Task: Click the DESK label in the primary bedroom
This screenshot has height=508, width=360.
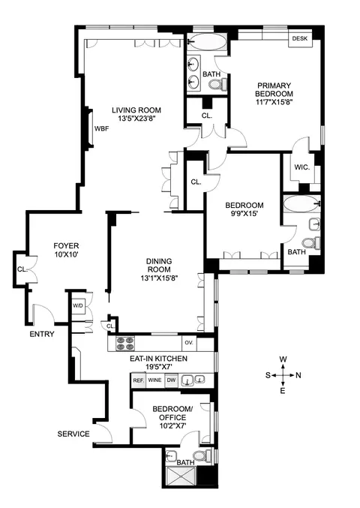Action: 300,38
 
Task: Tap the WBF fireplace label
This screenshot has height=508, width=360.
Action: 101,128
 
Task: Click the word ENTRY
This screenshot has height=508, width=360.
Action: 42,334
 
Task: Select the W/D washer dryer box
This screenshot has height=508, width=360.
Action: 78,306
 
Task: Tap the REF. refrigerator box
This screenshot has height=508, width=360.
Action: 138,380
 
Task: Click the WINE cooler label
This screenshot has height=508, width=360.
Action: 155,380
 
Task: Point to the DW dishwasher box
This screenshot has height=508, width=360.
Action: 171,380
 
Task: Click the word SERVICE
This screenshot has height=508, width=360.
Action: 73,434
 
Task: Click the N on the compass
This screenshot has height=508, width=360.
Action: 298,374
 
